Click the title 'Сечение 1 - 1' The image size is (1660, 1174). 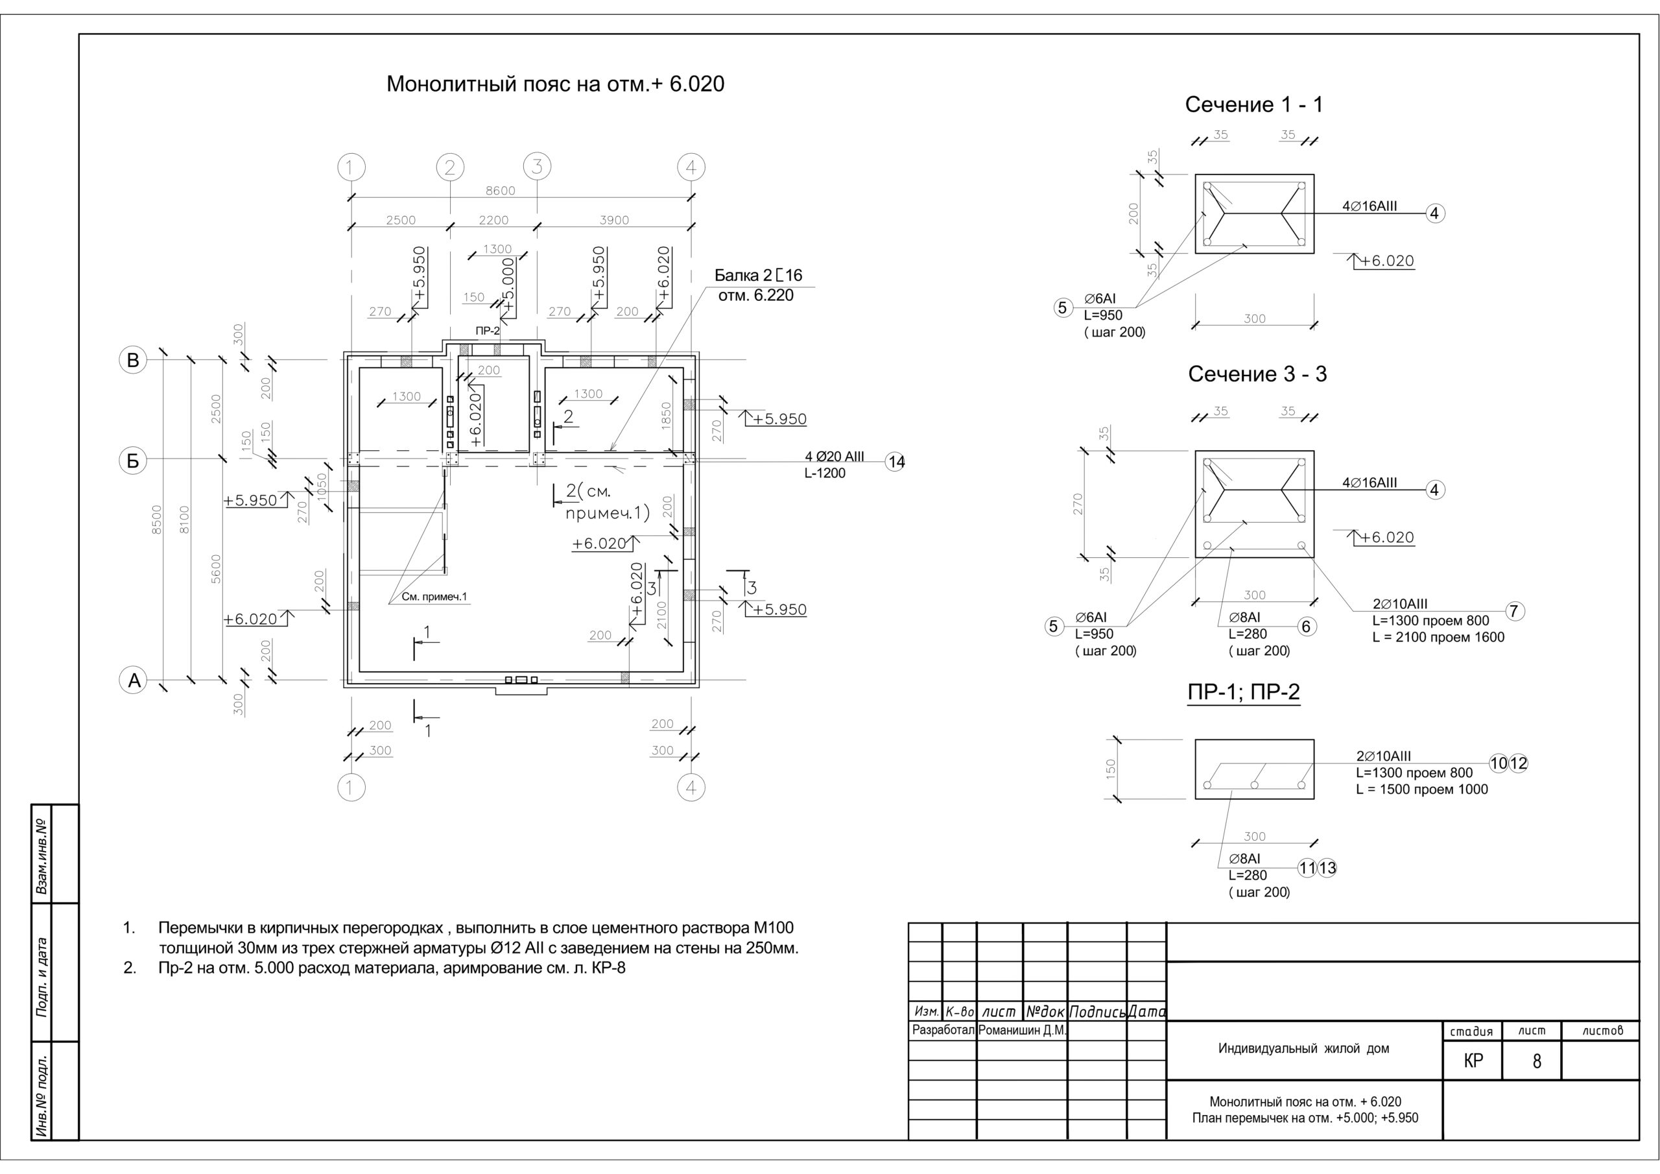(1253, 106)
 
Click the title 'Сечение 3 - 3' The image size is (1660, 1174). (1257, 375)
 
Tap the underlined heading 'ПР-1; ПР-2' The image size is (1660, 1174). (1244, 692)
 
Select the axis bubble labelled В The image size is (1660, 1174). (133, 360)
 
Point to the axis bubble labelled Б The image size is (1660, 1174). (133, 461)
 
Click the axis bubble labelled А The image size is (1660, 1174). (133, 680)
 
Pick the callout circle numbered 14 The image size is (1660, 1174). (895, 462)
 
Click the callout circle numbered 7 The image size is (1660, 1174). (1515, 611)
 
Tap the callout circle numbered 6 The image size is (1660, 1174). (1307, 627)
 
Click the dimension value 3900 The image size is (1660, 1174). (614, 221)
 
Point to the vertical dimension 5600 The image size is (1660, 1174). (216, 569)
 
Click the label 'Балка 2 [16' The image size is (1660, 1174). (759, 276)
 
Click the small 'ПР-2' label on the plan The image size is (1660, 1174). (487, 331)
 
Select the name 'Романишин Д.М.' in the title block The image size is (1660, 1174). (1021, 1030)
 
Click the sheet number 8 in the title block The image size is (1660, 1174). (1536, 1061)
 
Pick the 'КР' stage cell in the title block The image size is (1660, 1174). (1473, 1060)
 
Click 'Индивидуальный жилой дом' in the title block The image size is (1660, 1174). (1303, 1048)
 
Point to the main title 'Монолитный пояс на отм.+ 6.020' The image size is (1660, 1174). (555, 84)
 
